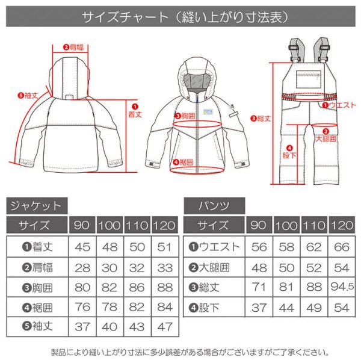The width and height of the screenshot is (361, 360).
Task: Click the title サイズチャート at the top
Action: (x=180, y=16)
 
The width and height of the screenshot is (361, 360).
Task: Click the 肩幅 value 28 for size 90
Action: (x=82, y=266)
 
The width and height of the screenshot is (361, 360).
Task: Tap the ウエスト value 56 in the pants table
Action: (x=258, y=247)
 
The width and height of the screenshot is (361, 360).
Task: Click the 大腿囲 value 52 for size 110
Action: (x=313, y=266)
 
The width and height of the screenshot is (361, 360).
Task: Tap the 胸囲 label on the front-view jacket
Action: (x=185, y=116)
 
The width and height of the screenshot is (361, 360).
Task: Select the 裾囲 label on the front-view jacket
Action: (x=184, y=161)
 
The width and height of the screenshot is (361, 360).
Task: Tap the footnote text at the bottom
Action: (x=180, y=350)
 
